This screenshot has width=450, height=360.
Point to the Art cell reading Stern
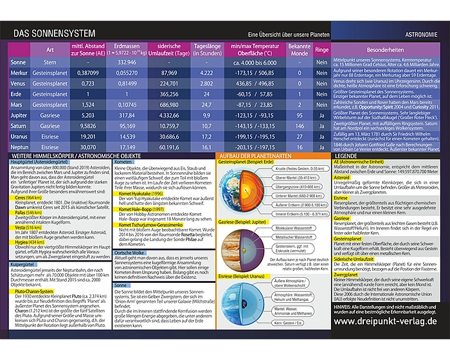50,62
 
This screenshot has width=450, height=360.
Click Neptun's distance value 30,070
88,147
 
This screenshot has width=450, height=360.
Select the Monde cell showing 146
300,126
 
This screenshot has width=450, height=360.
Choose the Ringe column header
321,50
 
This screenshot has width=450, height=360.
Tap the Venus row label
19,83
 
